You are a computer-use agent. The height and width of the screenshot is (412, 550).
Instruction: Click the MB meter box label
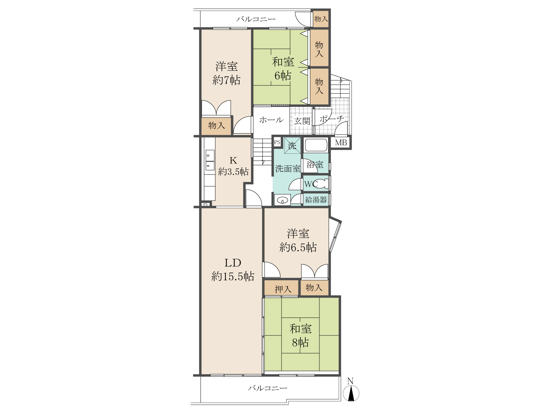341,142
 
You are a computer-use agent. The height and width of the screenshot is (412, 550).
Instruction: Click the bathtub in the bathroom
316,145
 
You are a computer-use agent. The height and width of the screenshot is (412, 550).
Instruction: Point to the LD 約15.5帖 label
233,270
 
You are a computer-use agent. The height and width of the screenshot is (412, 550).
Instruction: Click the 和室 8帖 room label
300,335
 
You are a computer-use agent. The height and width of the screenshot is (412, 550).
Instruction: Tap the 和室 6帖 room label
283,69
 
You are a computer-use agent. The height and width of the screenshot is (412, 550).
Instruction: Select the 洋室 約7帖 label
226,73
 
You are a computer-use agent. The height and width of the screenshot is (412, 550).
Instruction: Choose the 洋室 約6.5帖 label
298,240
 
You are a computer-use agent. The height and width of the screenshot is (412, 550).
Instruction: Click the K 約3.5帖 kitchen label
233,166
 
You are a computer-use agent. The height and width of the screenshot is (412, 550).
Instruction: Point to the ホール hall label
271,120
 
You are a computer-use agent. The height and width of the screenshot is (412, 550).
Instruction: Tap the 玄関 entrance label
302,121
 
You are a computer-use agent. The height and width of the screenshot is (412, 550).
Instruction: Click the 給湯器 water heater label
316,199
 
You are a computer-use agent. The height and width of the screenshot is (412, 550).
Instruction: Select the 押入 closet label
283,289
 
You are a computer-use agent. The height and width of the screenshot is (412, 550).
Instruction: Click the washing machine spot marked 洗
292,145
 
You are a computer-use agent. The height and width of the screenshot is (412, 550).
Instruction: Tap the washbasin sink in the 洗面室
283,200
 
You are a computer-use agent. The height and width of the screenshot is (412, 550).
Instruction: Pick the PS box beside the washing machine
277,142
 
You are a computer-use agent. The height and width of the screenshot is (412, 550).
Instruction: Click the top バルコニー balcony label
256,19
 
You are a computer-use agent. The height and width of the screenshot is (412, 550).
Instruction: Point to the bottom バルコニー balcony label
267,388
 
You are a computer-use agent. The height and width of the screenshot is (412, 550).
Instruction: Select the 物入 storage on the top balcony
321,19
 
